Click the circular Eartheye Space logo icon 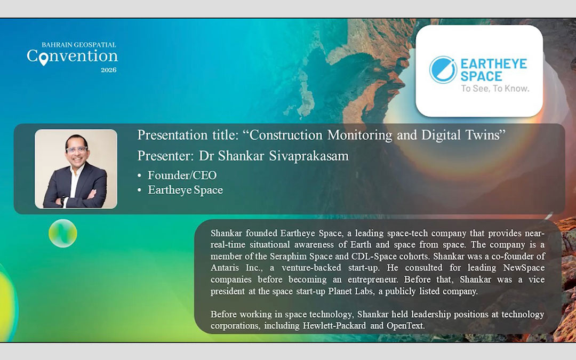[x=443, y=70]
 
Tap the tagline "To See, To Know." [x=495, y=89]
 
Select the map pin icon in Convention [x=44, y=57]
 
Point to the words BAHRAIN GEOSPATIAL [x=79, y=45]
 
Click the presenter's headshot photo [x=76, y=169]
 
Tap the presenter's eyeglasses [x=77, y=150]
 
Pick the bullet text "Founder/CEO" [x=182, y=175]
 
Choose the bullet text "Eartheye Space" [x=185, y=190]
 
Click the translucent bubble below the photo [x=63, y=233]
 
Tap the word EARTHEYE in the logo [x=493, y=64]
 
